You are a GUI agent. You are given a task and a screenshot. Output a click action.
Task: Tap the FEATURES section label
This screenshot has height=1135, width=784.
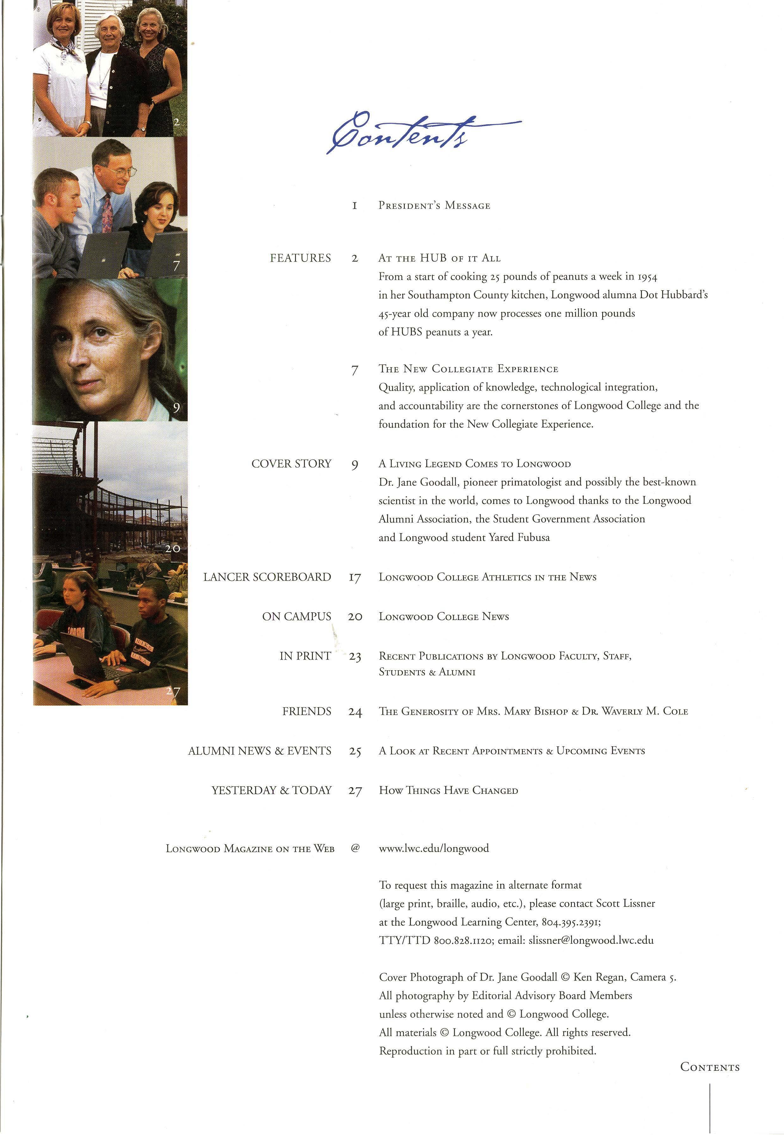(300, 258)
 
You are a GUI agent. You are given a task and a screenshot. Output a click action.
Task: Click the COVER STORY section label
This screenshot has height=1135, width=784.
(291, 464)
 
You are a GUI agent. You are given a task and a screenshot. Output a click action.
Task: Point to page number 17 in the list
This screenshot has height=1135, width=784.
(355, 578)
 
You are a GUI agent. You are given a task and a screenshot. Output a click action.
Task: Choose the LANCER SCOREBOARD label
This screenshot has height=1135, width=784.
(267, 577)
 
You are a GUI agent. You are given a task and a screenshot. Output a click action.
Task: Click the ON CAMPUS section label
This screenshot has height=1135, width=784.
(296, 617)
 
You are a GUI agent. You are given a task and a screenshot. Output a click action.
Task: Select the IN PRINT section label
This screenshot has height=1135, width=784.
(305, 656)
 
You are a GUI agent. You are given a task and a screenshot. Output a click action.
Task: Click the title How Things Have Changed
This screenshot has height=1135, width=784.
(448, 791)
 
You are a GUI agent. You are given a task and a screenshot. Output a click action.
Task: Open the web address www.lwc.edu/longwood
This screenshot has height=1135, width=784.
(434, 848)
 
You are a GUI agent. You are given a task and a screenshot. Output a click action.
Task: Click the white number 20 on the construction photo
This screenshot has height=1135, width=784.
(172, 548)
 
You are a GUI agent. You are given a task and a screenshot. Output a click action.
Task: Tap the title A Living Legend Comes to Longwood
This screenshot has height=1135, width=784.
(474, 464)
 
